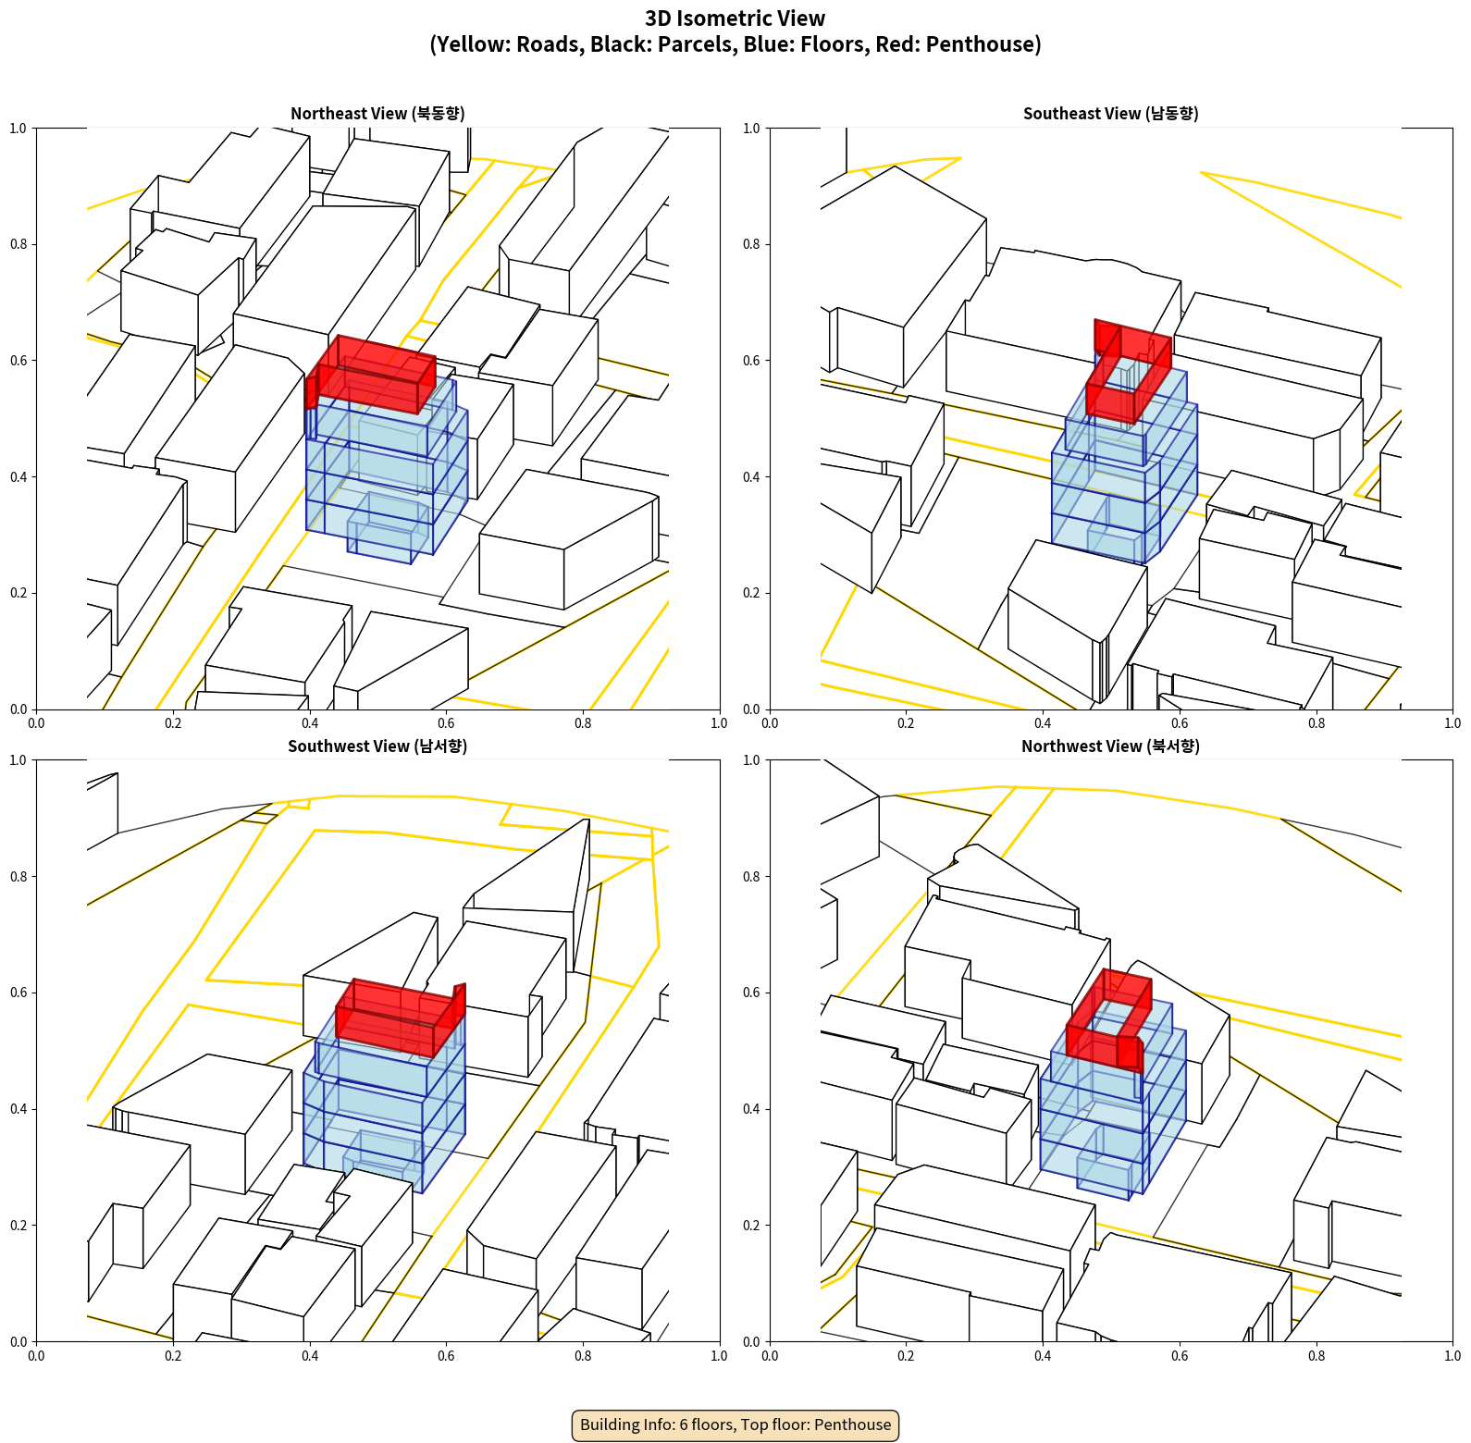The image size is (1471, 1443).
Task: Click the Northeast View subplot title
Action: tap(377, 114)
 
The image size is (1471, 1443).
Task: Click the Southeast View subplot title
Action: tap(1110, 114)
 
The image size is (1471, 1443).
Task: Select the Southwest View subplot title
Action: tap(377, 746)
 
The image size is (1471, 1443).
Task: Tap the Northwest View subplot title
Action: tap(1110, 746)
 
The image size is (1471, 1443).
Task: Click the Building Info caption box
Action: tap(735, 1424)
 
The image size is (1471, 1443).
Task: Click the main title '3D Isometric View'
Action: tap(735, 18)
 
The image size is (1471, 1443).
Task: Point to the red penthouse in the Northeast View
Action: tap(370, 375)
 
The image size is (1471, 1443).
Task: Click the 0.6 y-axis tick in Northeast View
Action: tap(19, 361)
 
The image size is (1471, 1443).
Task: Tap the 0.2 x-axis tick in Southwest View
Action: tap(173, 1356)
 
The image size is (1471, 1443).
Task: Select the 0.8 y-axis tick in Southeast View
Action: tap(751, 244)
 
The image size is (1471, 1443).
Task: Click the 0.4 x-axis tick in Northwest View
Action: tap(1043, 1356)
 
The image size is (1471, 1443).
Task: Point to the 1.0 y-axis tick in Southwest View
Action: tap(19, 760)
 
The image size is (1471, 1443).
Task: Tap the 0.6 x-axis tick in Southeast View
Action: tap(1180, 723)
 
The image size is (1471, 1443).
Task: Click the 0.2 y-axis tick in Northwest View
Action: tap(751, 1226)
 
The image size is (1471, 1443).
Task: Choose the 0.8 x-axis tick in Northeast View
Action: tap(583, 723)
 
